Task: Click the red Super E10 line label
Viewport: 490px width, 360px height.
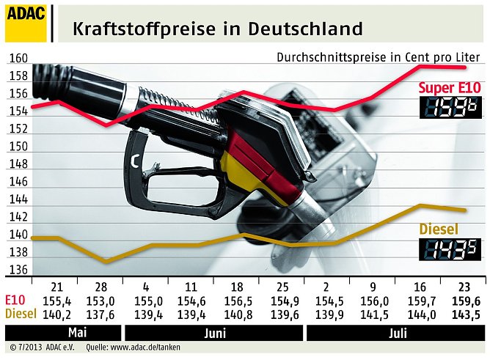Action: pyautogui.click(x=450, y=88)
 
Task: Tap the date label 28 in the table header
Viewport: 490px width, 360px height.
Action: pyautogui.click(x=100, y=286)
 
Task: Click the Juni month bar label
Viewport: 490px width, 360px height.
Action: pyautogui.click(x=214, y=332)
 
